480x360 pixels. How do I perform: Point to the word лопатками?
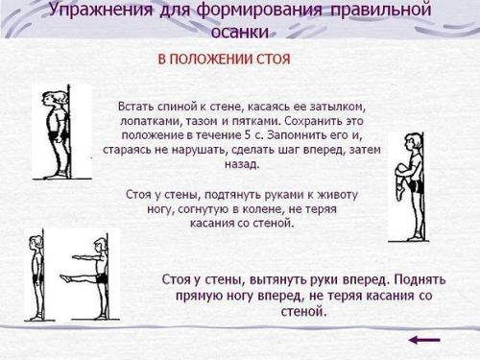154,119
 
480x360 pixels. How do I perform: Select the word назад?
244,165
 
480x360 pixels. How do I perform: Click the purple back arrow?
423,339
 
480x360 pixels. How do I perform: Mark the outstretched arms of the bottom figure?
77,258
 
